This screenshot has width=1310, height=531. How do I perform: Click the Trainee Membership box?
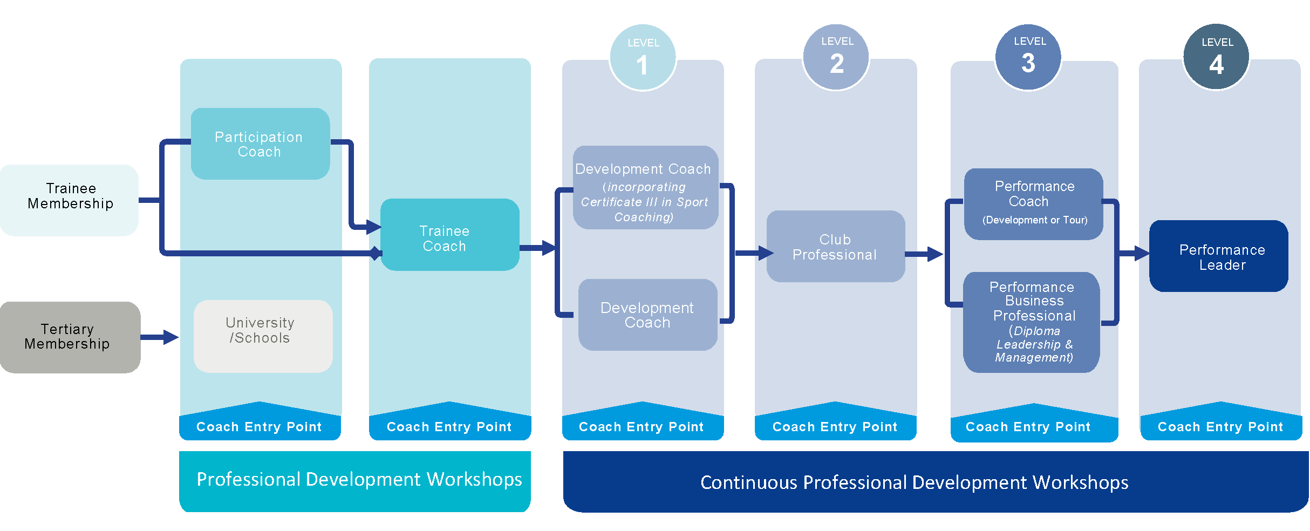pos(70,200)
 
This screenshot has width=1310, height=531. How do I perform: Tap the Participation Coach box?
pos(260,144)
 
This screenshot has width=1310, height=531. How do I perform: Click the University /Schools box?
pos(263,336)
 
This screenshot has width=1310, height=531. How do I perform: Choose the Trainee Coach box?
pos(449,235)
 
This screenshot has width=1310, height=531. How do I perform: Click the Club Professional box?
pos(835,247)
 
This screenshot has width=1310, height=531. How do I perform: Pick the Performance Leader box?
pos(1218,256)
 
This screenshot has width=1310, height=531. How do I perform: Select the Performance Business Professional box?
pos(1031,322)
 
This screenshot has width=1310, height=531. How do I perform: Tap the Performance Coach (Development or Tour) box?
pos(1033,204)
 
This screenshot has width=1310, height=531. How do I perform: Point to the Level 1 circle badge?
pos(642,58)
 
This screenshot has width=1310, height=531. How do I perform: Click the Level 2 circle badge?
pos(836,57)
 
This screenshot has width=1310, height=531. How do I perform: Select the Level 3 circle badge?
pos(1028,57)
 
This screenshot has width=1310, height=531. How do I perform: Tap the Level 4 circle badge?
pos(1216,57)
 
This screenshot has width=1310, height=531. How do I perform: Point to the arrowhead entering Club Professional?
pos(766,253)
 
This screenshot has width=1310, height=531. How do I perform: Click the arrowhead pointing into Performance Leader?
pos(1142,253)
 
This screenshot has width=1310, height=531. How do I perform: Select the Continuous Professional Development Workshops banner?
pos(935,482)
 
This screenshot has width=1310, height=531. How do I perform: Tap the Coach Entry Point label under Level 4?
pos(1220,427)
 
